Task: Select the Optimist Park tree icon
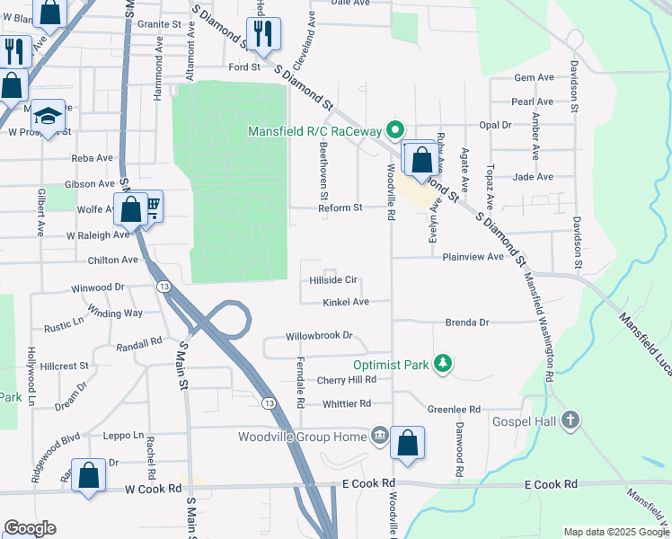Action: pos(441,362)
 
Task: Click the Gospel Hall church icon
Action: pos(570,420)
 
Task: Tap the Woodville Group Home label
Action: pos(302,437)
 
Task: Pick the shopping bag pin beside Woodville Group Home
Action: pos(407,442)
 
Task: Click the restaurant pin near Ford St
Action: pos(263,35)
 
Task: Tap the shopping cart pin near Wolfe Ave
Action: pos(150,208)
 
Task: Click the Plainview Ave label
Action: pos(473,257)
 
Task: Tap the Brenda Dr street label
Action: pos(467,322)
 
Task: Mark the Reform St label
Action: pos(340,208)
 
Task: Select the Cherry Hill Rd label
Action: pos(346,381)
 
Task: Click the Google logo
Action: pos(30,527)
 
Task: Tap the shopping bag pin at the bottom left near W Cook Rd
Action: pos(89,477)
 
